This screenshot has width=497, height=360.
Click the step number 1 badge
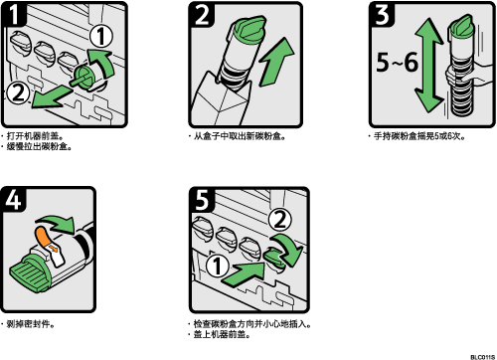coord(14,15)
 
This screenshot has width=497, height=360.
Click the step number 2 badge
coord(202,15)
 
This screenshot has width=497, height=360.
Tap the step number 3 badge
coord(383,15)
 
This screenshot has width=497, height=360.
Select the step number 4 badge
coord(14,200)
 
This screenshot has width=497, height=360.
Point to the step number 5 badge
coord(202,200)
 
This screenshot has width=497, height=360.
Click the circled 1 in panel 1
coord(101,36)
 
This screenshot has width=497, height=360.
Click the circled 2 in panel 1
coord(18,92)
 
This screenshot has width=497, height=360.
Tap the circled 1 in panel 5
coord(217,267)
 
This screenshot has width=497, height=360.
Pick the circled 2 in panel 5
coord(280,220)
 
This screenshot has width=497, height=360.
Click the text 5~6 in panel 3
coord(397,62)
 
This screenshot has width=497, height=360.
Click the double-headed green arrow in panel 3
coord(428,66)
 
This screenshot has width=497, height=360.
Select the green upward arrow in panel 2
coord(276,62)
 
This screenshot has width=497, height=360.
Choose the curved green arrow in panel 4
coord(57,223)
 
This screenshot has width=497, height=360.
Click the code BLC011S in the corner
coord(482,357)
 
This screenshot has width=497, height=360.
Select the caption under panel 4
coord(28,324)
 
